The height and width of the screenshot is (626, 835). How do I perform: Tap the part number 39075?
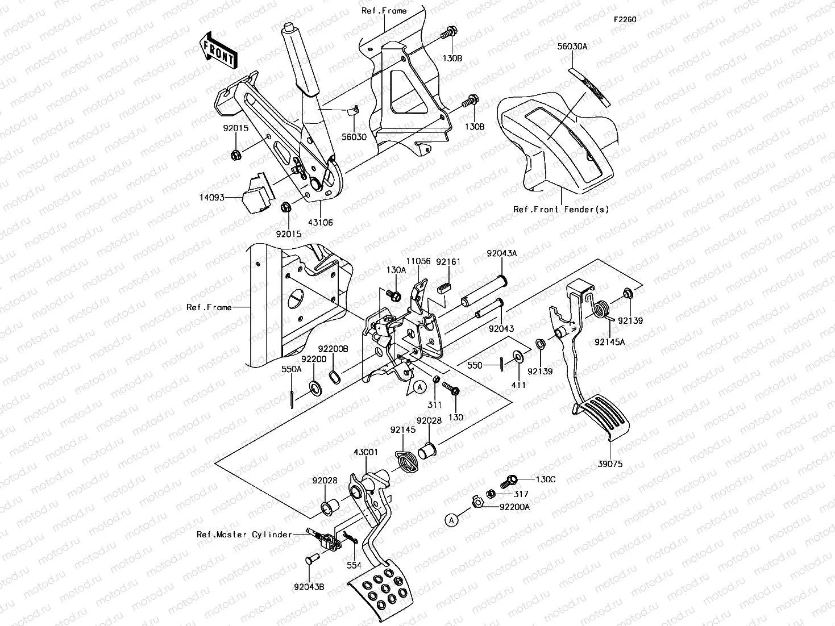(610, 464)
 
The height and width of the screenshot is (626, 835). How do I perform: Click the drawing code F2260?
(624, 19)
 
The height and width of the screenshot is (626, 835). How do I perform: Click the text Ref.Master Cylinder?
(244, 535)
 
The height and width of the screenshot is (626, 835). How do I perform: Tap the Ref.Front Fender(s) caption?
(560, 209)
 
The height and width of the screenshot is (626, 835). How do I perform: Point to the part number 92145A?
(609, 342)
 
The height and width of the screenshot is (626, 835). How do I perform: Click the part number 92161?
(448, 262)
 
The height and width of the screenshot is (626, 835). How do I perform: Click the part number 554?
(355, 566)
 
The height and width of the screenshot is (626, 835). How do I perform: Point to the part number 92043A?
(501, 253)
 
